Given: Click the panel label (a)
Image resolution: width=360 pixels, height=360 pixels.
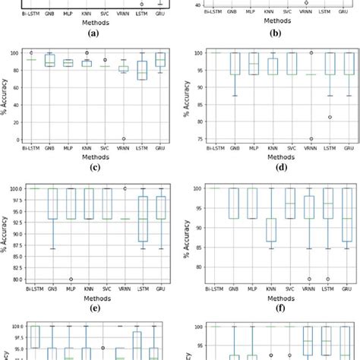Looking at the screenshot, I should click(92, 33).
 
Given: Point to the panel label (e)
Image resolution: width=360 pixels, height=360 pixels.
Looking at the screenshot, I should click(92, 308).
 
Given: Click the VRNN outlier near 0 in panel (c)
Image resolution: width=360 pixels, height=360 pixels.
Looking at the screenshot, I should click(123, 138).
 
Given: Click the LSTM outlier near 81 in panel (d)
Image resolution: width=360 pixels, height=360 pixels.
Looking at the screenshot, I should click(329, 117).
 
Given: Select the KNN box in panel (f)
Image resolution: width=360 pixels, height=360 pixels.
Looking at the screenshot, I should click(270, 229).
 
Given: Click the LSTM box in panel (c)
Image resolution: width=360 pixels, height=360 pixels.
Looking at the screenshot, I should click(141, 70).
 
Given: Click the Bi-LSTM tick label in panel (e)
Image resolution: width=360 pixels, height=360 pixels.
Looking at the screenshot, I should click(32, 289).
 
